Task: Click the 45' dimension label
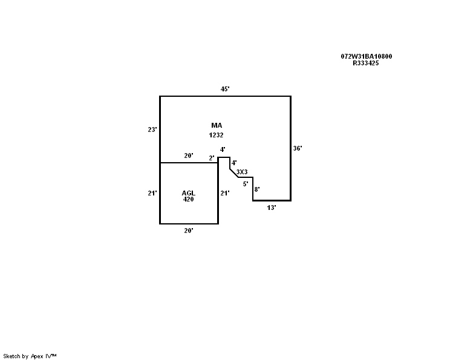(x=225, y=89)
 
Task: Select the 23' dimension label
(x=152, y=129)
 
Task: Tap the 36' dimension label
(x=298, y=148)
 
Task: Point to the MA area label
(x=217, y=125)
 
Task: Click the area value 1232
(x=216, y=135)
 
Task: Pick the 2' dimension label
(x=212, y=158)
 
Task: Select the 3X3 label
(x=242, y=172)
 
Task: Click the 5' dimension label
(x=246, y=184)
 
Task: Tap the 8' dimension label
(x=257, y=189)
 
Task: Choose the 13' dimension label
(x=272, y=208)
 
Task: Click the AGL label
(x=188, y=193)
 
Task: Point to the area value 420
(x=188, y=199)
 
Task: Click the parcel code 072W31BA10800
(x=366, y=56)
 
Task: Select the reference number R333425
(x=365, y=63)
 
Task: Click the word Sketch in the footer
(x=11, y=356)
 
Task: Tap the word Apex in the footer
(x=37, y=356)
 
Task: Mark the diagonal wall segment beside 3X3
(x=234, y=173)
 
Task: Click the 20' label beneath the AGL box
(x=189, y=231)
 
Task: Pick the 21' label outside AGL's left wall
(x=152, y=193)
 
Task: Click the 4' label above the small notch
(x=223, y=149)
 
